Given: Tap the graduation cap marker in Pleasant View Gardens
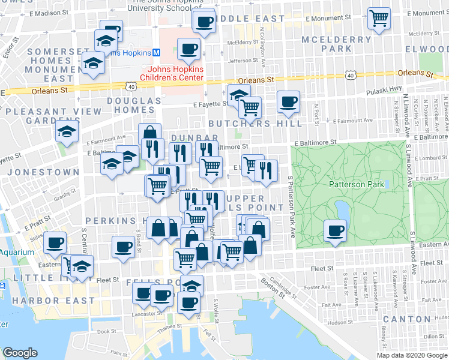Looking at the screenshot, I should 67,131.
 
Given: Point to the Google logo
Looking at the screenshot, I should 20,353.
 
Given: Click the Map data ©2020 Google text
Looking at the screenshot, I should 412,355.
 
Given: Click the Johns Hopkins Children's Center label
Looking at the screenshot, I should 172,73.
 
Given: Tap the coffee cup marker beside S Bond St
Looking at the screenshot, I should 124,246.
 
